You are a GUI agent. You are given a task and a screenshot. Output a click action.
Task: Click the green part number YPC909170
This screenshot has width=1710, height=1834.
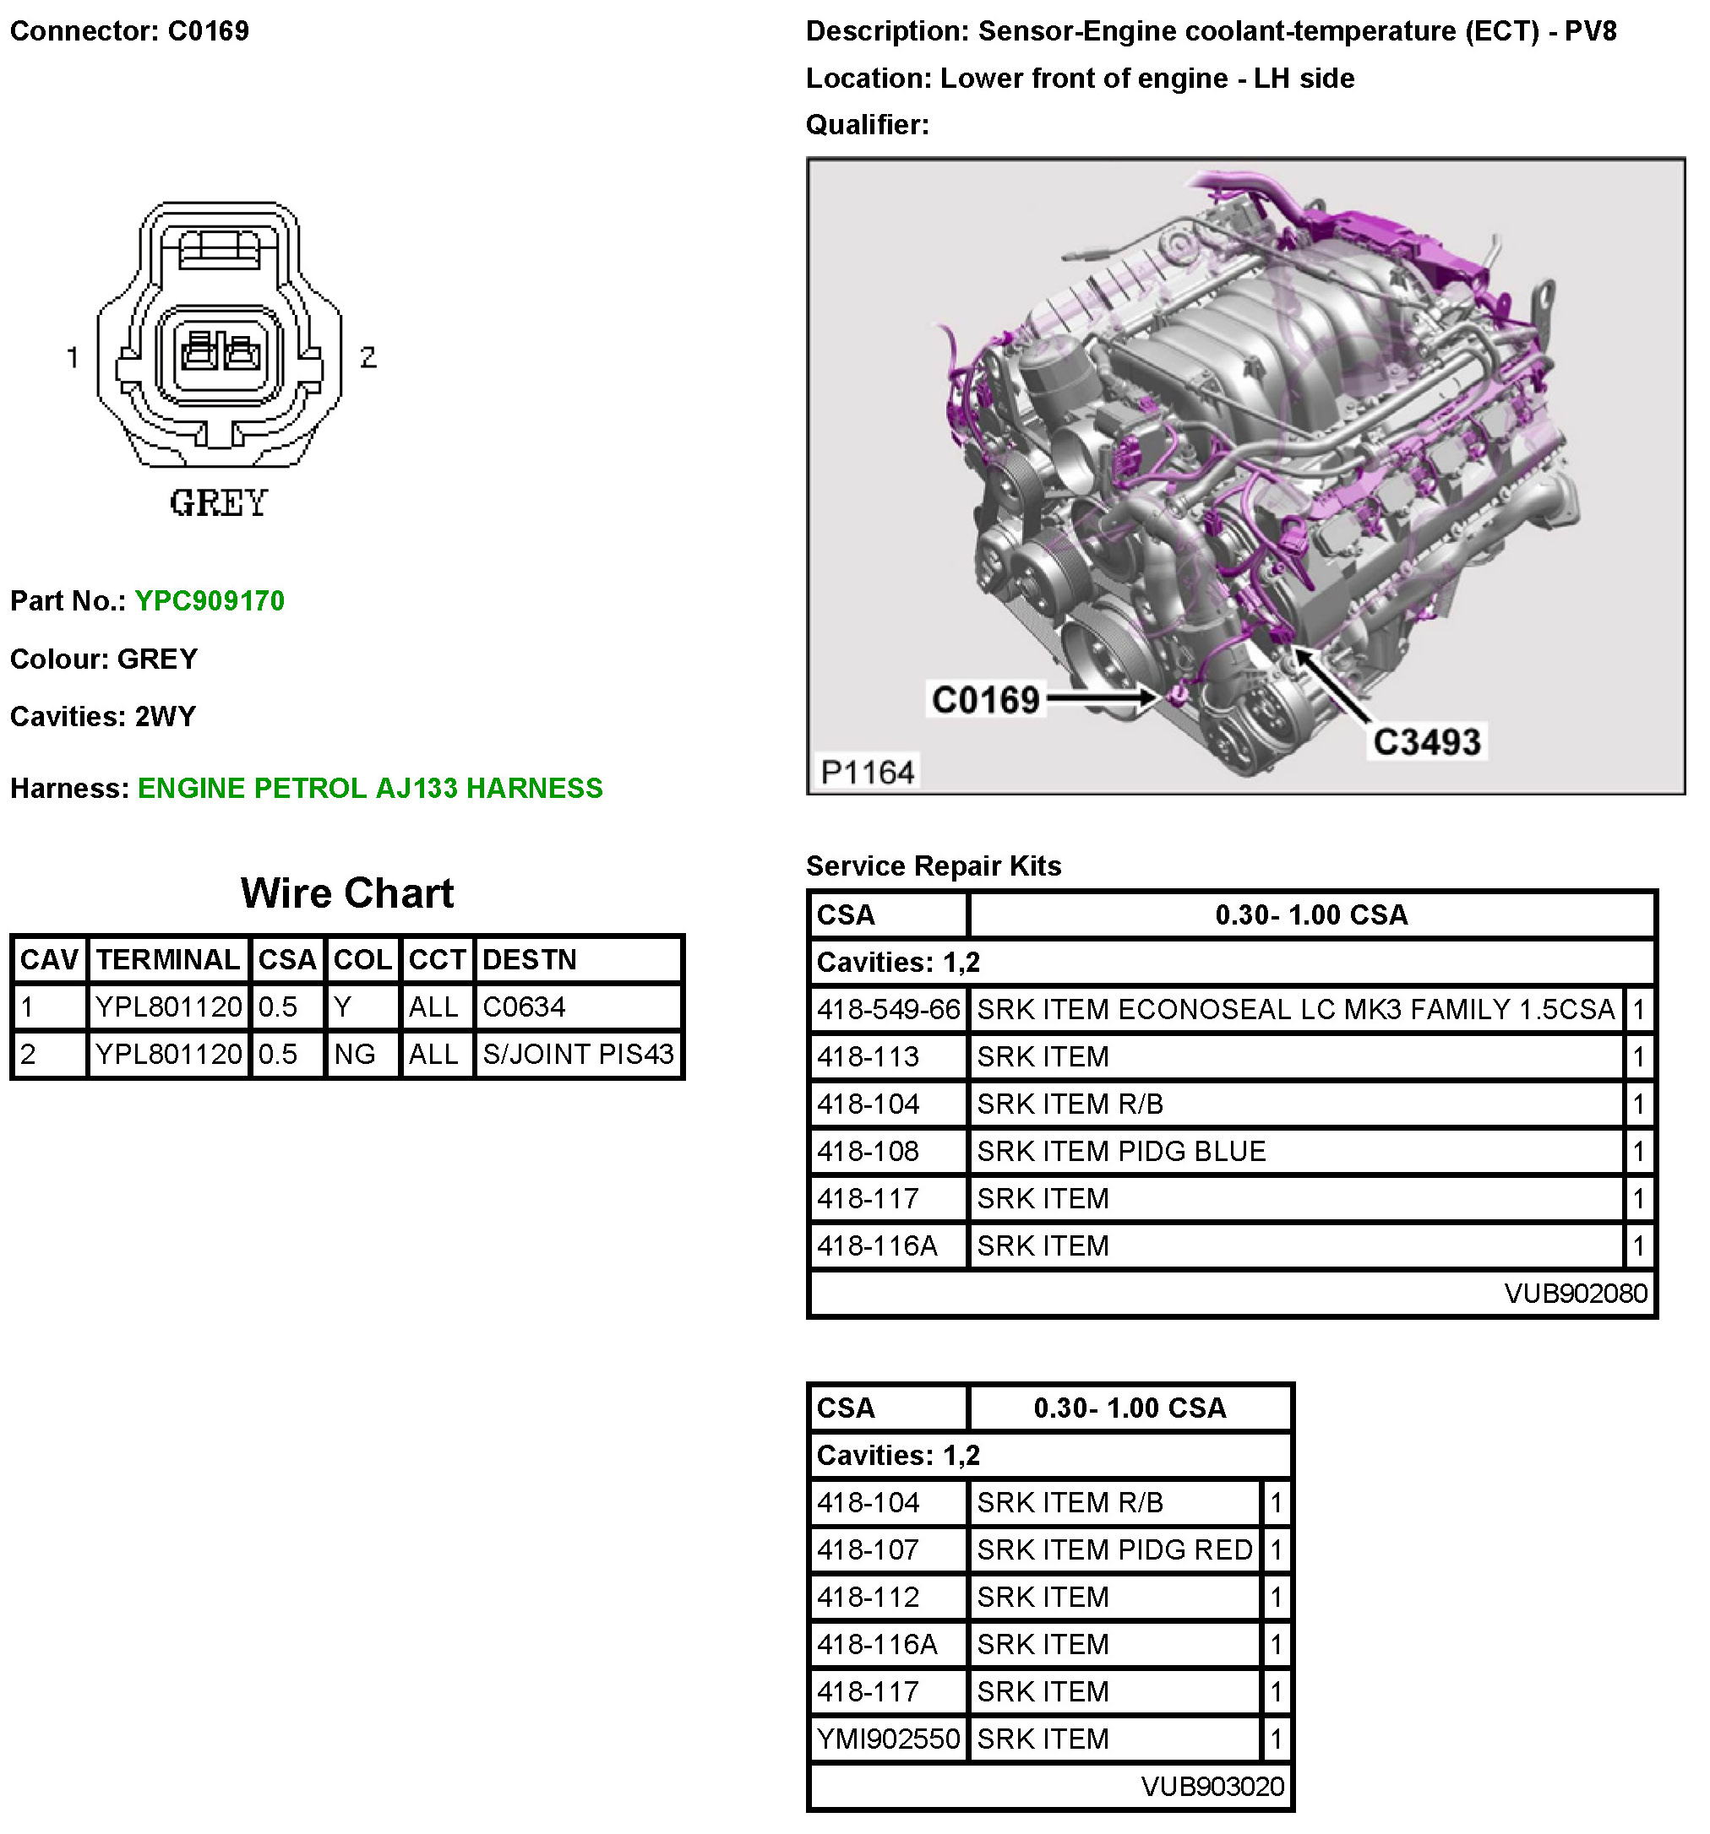[210, 600]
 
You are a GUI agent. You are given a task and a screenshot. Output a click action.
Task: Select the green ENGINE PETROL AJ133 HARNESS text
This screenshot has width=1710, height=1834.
[369, 788]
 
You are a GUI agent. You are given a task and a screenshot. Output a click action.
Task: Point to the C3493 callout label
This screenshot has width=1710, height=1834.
[1426, 741]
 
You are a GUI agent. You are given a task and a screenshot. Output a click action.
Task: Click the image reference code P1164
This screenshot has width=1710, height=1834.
[867, 771]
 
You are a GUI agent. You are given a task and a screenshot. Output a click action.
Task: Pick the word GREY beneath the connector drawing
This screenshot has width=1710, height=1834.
[219, 504]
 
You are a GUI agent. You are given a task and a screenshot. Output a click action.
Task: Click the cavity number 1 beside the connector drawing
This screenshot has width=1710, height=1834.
[73, 357]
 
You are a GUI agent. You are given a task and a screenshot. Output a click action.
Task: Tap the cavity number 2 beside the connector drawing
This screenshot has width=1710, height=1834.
[368, 357]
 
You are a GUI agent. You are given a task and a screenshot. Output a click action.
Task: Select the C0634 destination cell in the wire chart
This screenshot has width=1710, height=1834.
[523, 1007]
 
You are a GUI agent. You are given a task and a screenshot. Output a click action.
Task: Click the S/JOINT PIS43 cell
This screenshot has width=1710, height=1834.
[578, 1054]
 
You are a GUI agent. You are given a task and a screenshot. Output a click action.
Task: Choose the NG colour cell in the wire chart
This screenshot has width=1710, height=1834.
[354, 1054]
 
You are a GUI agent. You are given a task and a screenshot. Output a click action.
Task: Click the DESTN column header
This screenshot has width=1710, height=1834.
[529, 959]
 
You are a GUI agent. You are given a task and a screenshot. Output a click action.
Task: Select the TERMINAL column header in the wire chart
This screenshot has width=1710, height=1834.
[168, 959]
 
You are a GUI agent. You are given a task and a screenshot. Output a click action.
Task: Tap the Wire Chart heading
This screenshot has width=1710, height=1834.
[347, 893]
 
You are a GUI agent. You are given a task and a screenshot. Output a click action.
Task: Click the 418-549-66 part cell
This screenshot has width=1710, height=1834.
[888, 1009]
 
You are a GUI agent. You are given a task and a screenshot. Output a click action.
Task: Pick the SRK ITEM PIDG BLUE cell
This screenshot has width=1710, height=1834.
[1120, 1152]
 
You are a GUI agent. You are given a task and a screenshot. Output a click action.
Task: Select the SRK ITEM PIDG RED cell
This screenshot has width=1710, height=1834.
[1114, 1549]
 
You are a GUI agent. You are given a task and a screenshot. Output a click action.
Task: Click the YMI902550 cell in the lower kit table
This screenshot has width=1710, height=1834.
[888, 1739]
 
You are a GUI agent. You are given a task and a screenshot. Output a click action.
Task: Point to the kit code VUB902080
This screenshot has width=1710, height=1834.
[1574, 1294]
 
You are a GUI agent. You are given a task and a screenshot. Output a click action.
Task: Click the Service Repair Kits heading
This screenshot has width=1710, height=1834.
[933, 865]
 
